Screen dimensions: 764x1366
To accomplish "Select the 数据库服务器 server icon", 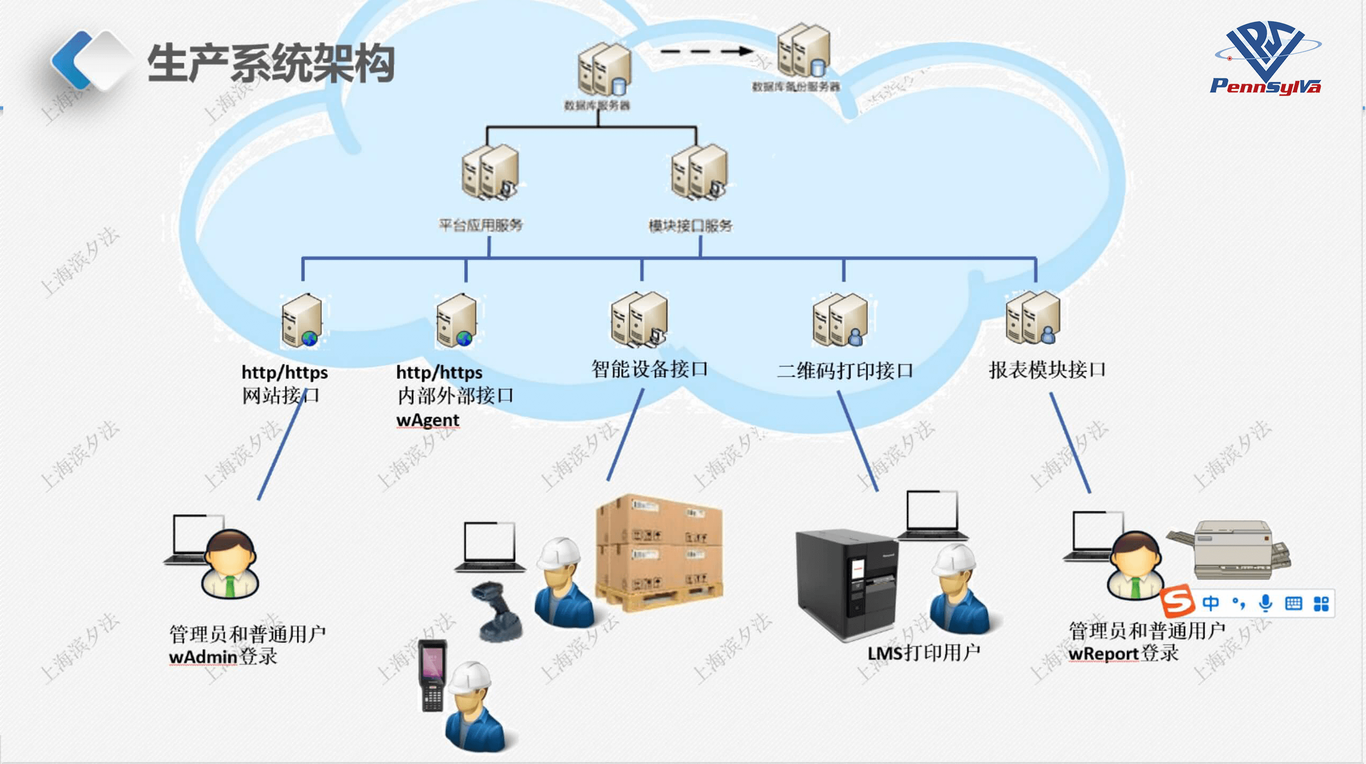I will click(604, 69).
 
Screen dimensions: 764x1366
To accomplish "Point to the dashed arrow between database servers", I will click(705, 52).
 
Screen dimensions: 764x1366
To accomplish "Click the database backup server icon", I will click(804, 50).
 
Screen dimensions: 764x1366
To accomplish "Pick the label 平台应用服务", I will click(480, 225).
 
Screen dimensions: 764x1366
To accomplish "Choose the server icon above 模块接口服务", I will click(699, 172).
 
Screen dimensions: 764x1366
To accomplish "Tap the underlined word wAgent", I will click(427, 420).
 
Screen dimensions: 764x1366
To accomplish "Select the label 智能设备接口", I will click(649, 369).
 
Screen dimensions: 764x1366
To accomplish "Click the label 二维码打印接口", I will click(845, 370).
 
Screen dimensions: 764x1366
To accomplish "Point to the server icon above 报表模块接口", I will click(1033, 318).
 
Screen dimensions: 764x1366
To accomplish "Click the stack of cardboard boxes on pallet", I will click(660, 553).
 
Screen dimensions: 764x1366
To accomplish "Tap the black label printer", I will click(846, 584).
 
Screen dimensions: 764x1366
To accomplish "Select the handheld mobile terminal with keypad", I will click(432, 675).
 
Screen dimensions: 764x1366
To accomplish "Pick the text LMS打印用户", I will click(924, 652).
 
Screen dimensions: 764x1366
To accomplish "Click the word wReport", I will click(1103, 654).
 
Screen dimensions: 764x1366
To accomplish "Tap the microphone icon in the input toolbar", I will click(1265, 603).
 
